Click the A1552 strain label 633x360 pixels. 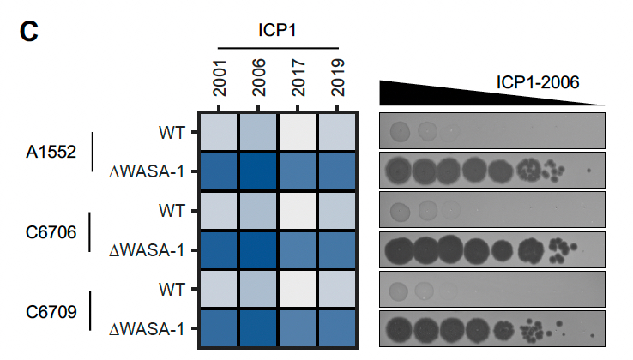50,152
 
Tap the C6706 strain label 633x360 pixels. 50,231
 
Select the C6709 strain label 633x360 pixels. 50,309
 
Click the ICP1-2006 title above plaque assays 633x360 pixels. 538,82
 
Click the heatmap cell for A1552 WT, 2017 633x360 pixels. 298,132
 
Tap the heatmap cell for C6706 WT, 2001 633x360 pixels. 220,211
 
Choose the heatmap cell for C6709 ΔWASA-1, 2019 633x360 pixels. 337,328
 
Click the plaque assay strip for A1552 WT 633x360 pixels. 492,132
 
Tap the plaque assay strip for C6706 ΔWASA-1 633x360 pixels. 492,250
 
